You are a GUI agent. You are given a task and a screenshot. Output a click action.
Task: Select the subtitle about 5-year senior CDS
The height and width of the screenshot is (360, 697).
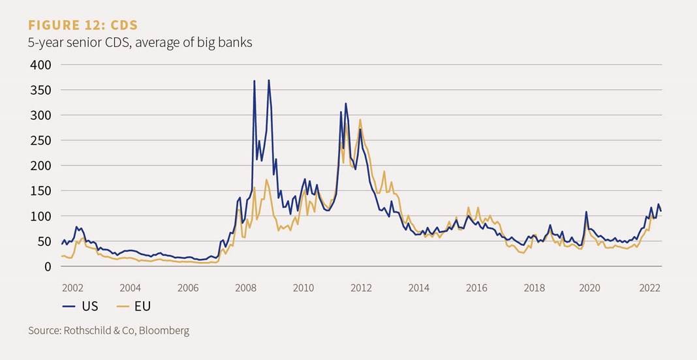point(140,43)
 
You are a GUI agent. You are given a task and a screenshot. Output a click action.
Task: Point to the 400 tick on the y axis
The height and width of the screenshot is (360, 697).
point(41,65)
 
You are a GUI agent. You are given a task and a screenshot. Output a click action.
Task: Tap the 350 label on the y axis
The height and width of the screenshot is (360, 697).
point(41,90)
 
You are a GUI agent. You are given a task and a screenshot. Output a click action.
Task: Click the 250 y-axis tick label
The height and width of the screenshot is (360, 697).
point(41,140)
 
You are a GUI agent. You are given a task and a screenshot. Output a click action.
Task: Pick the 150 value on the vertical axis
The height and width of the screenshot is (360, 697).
point(41,190)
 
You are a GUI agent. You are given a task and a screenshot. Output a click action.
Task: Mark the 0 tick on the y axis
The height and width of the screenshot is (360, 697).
point(47,266)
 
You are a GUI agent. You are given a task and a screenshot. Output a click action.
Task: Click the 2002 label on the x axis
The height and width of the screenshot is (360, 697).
point(72,288)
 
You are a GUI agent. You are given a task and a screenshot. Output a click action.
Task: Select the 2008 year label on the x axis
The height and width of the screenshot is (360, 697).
point(245,288)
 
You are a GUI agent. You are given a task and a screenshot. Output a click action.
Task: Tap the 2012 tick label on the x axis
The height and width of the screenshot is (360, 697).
point(361,288)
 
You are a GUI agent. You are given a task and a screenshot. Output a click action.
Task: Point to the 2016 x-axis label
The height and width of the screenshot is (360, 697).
point(476,288)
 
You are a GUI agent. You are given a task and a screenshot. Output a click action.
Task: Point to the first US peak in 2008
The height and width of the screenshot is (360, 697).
point(254,81)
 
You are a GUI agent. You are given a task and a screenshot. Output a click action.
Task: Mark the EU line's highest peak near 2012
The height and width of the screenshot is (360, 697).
point(360,119)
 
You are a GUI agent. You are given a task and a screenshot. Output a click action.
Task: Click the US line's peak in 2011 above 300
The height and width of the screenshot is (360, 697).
point(346,103)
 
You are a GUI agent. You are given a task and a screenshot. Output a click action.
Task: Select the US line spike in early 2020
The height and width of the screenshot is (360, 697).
point(586,212)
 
